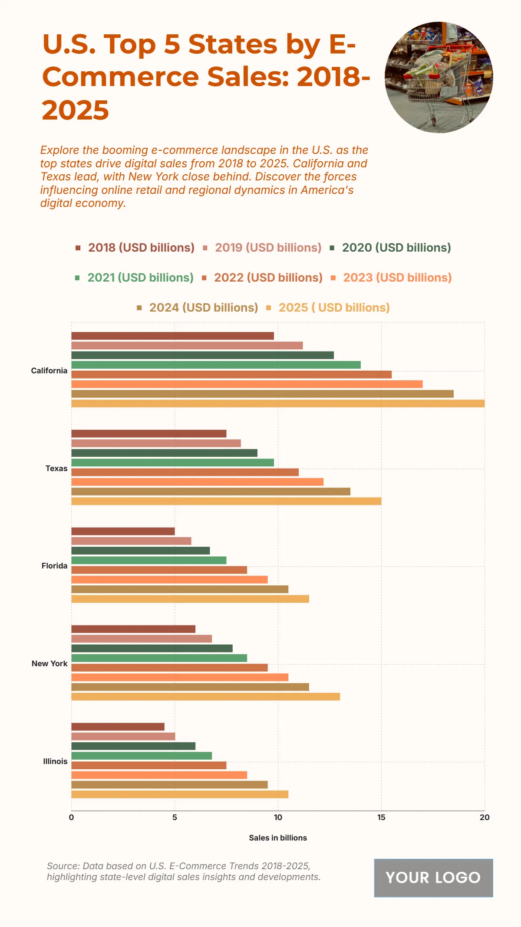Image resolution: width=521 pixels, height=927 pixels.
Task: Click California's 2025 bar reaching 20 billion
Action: (x=278, y=403)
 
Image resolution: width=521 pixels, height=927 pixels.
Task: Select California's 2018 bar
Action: (x=172, y=336)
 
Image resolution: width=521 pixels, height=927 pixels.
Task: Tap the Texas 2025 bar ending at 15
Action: (x=226, y=501)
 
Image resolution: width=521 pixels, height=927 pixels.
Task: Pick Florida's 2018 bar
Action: (x=123, y=531)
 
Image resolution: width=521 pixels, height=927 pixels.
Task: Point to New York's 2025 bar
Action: (x=205, y=697)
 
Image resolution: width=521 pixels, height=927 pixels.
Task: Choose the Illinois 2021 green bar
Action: (x=142, y=756)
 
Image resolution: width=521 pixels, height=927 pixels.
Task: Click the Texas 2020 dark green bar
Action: (x=164, y=453)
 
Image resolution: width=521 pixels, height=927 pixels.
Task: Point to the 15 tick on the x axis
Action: (x=381, y=817)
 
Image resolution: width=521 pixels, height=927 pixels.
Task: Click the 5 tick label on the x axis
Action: (x=175, y=817)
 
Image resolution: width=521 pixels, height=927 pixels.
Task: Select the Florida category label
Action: (x=54, y=566)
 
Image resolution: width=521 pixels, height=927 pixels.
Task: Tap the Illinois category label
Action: (x=55, y=761)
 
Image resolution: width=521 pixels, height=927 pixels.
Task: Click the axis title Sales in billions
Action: (x=278, y=838)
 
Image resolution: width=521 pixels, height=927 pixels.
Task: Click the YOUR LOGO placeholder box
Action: (x=433, y=878)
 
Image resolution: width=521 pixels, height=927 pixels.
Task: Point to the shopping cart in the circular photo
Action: (x=439, y=83)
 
